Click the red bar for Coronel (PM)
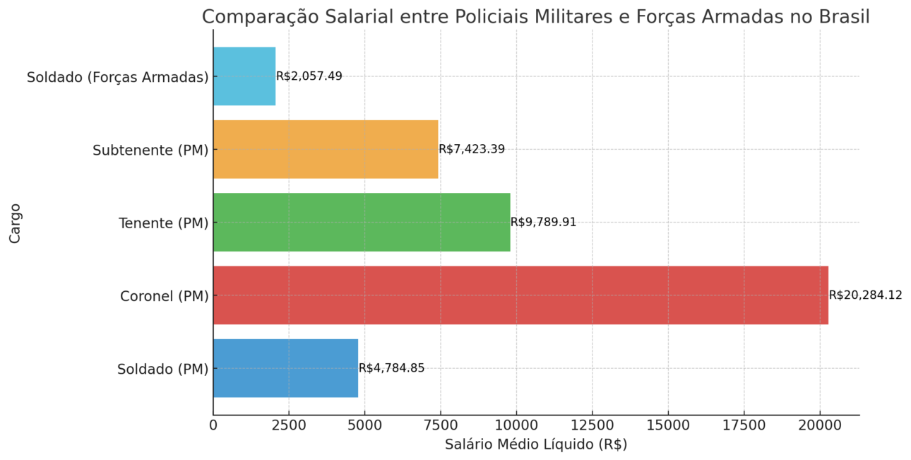click(520, 295)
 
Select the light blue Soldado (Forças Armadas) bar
click(244, 76)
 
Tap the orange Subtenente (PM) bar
click(326, 149)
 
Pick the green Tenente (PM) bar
click(362, 222)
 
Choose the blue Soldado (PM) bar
click(285, 368)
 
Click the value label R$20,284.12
click(865, 295)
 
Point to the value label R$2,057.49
click(309, 76)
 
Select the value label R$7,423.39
click(472, 149)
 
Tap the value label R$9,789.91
click(543, 222)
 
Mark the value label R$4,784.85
click(391, 368)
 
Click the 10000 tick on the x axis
click(516, 425)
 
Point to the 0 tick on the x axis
click(213, 425)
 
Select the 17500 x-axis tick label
click(744, 425)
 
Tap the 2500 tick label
click(288, 425)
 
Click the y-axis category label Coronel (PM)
click(165, 296)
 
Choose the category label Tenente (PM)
click(164, 223)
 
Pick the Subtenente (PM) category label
click(151, 151)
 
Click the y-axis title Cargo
click(16, 223)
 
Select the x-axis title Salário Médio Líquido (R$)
click(536, 444)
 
